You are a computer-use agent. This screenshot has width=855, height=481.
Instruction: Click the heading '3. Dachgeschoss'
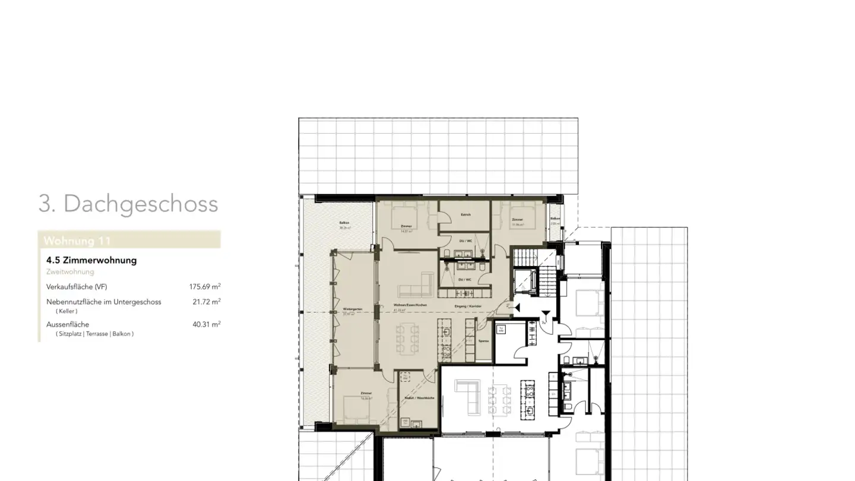[128, 204]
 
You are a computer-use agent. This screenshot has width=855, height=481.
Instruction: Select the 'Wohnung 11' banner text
[77, 240]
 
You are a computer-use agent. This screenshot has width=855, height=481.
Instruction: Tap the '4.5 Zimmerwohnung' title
[91, 260]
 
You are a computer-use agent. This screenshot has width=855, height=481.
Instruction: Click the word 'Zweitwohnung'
[70, 272]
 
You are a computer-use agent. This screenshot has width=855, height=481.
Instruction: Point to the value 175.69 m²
[205, 287]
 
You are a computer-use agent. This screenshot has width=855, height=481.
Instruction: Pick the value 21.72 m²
[206, 302]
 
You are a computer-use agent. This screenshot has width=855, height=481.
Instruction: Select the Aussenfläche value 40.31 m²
[206, 324]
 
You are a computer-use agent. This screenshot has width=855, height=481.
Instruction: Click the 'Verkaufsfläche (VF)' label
[77, 287]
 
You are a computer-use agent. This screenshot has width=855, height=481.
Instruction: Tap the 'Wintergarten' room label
[352, 309]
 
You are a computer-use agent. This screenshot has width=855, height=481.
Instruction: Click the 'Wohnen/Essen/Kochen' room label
[410, 305]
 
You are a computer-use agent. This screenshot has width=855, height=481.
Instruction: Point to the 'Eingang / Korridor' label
[468, 306]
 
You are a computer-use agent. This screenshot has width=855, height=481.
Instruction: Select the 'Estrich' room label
[465, 214]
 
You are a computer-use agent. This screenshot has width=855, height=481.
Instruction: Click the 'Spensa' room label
[483, 341]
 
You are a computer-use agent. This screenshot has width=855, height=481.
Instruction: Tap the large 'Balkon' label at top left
[344, 223]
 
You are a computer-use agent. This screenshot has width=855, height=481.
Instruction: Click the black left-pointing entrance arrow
[517, 308]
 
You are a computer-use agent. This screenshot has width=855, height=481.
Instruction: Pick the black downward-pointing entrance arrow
[546, 314]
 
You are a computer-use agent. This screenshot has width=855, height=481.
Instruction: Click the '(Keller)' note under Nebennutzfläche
[66, 311]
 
